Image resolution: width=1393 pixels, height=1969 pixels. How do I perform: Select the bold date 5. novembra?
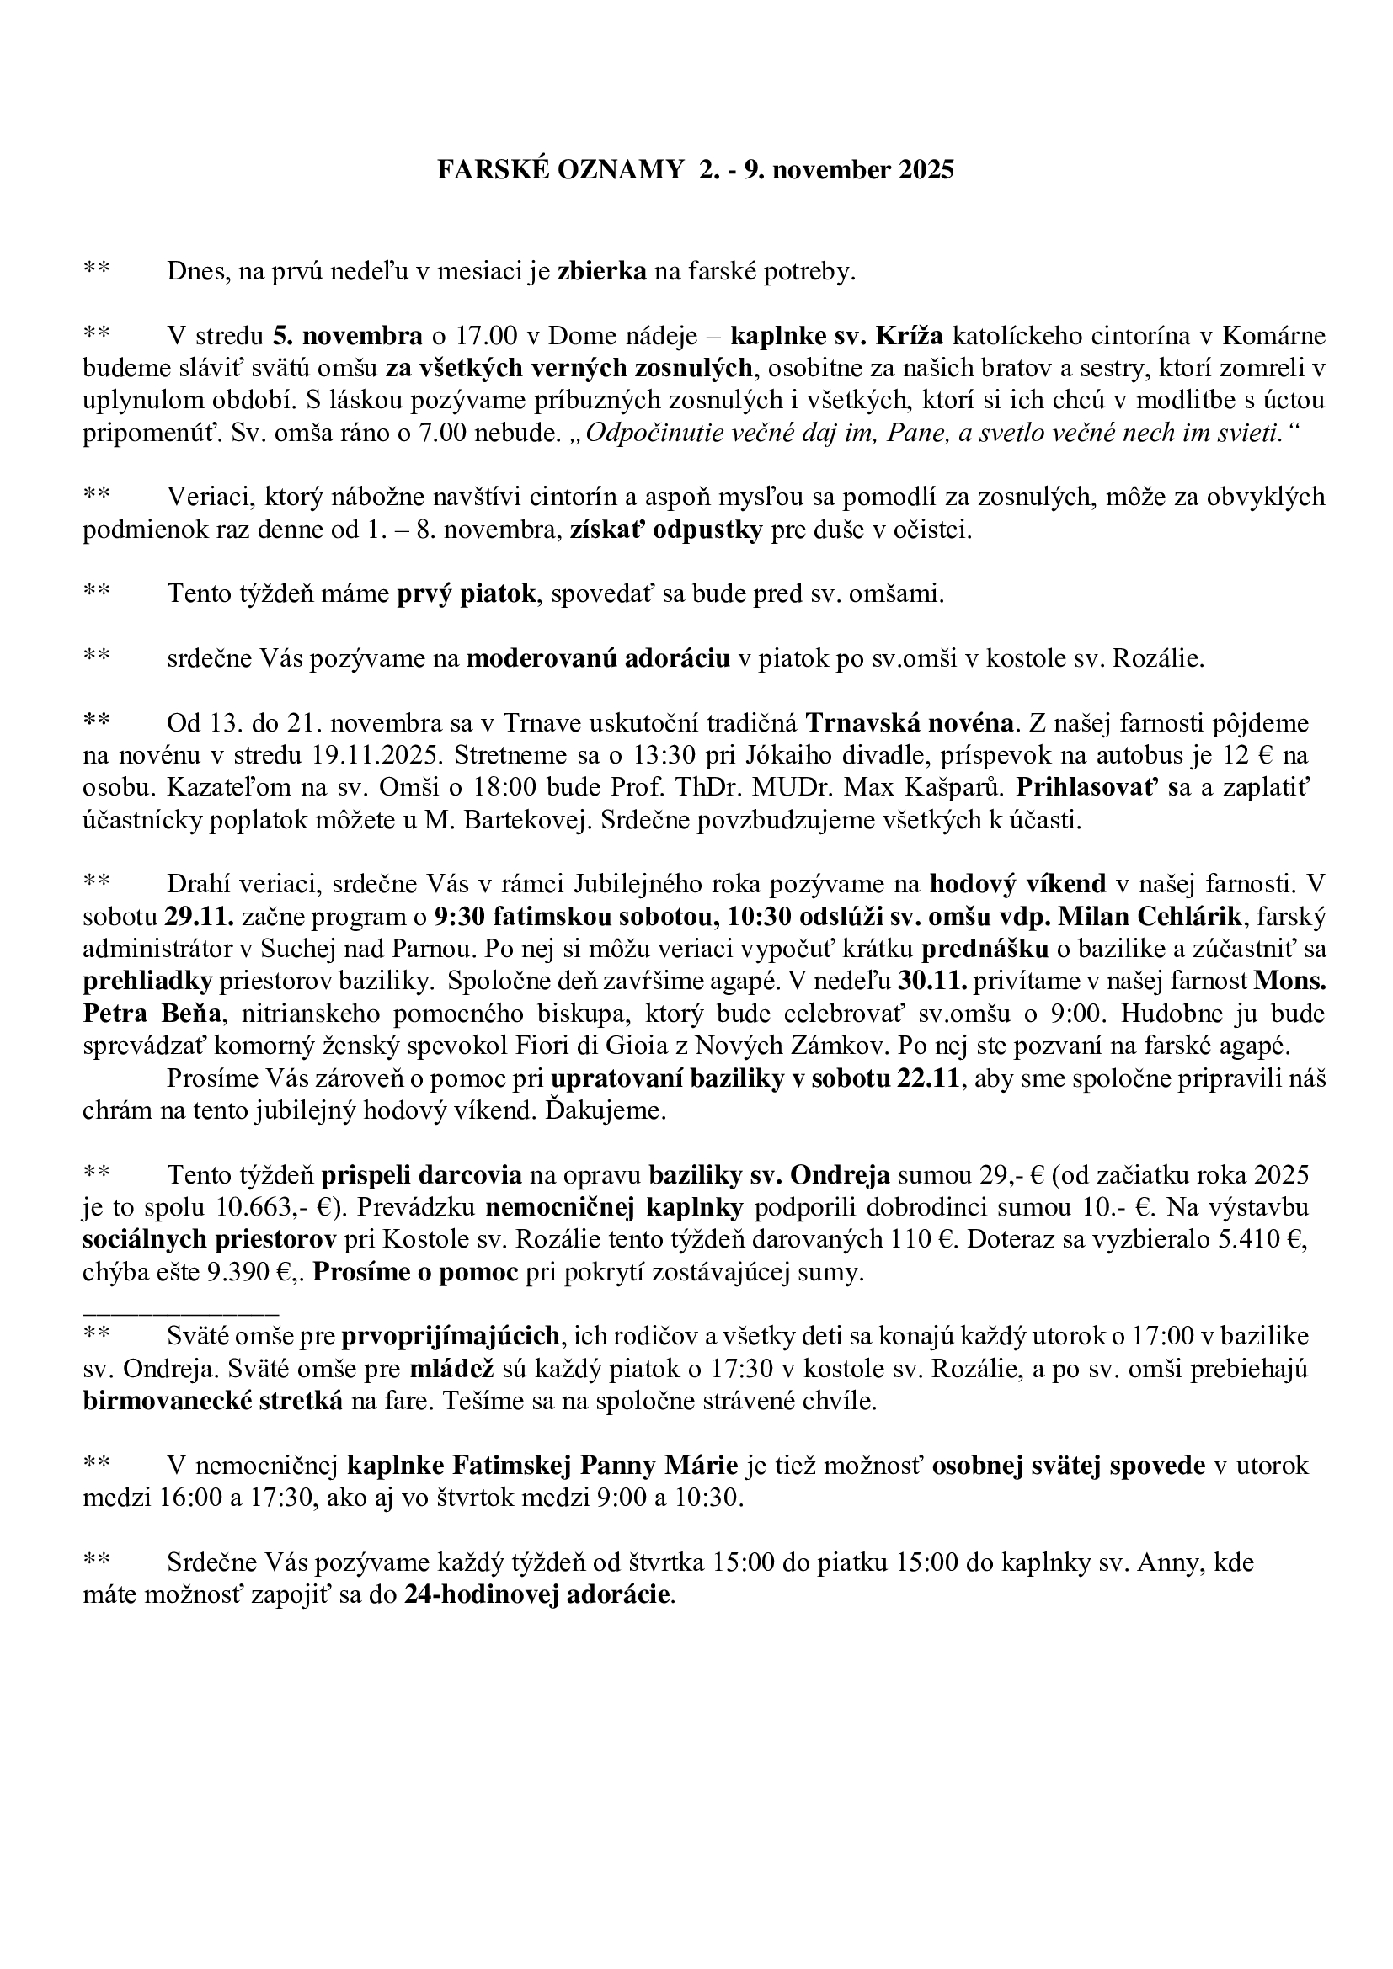347,335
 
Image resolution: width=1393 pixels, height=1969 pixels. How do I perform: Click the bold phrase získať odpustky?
665,530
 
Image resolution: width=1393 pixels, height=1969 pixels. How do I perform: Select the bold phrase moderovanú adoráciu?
598,657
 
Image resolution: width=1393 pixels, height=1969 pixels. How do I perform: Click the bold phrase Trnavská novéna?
911,723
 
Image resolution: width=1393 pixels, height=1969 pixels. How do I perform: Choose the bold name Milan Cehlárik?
1149,917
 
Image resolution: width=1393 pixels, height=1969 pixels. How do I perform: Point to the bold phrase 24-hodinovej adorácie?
538,1596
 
